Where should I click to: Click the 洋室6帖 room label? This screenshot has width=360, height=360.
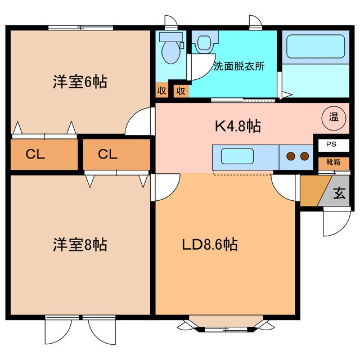[x=80, y=83]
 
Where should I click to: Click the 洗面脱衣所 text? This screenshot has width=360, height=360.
[x=239, y=65]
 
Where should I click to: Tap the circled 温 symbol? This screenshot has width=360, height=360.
[x=333, y=118]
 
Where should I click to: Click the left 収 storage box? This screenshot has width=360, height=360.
[x=161, y=91]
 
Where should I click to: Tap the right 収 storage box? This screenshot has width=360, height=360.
[x=181, y=91]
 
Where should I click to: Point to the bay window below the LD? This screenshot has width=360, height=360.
[x=225, y=325]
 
